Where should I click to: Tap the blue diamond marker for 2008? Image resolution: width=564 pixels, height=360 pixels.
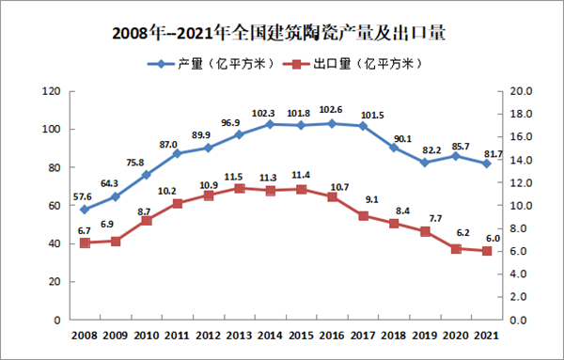(x=85, y=210)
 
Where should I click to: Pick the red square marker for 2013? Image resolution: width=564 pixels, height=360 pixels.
(x=239, y=188)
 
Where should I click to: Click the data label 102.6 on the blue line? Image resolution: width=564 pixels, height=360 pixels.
(x=331, y=110)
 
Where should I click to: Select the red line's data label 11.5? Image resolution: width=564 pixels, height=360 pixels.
(x=239, y=175)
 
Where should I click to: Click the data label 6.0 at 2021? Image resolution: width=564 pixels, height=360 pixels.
(x=486, y=238)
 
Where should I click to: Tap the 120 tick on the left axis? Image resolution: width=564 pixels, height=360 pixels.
(x=54, y=91)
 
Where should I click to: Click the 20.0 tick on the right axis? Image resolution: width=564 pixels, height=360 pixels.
(x=520, y=91)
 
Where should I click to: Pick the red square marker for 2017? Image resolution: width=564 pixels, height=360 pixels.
(x=362, y=215)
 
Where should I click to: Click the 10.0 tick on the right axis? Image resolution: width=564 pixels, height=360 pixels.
(x=520, y=206)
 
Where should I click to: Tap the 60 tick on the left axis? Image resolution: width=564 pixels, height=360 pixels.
(x=56, y=206)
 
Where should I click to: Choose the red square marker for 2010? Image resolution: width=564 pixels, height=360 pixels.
(x=146, y=220)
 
